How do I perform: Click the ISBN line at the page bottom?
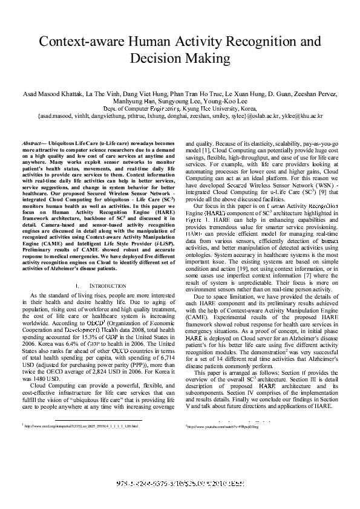180,485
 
